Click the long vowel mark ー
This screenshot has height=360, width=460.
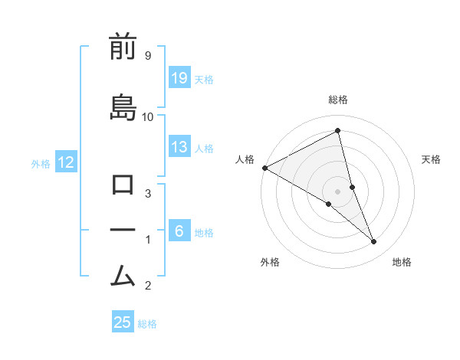tap(123, 230)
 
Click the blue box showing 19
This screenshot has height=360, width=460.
tap(179, 78)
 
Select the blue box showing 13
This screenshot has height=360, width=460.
tap(179, 148)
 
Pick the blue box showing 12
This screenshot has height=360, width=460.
tap(66, 162)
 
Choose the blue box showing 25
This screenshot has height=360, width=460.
tap(123, 322)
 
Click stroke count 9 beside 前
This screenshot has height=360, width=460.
tap(147, 56)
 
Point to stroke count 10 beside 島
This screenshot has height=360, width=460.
tap(147, 116)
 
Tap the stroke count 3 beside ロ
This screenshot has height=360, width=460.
tap(147, 194)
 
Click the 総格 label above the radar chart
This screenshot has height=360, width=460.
tap(338, 100)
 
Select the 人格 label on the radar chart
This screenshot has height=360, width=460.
tap(245, 159)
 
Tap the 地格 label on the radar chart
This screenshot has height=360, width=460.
tap(402, 262)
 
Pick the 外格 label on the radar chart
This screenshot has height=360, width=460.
tap(270, 262)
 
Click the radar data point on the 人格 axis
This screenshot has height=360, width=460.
tap(264, 167)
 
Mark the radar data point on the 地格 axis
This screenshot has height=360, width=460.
tap(374, 242)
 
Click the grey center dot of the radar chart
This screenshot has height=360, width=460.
tap(337, 191)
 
